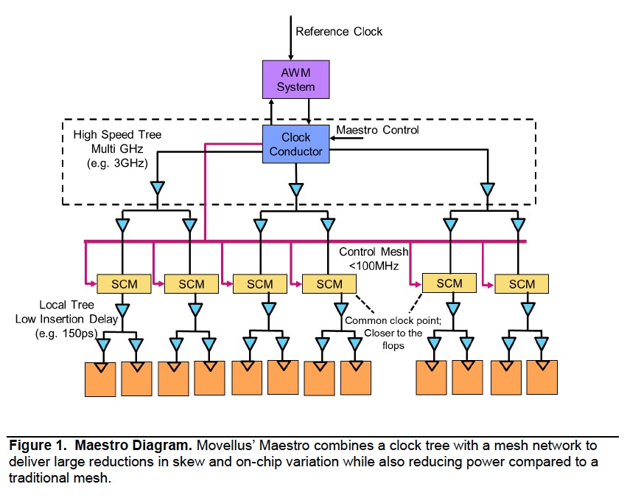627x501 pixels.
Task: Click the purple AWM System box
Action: point(296,79)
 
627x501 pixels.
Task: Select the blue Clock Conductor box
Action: point(296,144)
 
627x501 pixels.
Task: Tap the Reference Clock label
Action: point(339,32)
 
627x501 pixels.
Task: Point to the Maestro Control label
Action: point(377,130)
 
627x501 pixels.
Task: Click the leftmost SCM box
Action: point(124,284)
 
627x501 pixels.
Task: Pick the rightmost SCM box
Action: point(522,284)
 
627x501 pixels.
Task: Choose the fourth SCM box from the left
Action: point(329,284)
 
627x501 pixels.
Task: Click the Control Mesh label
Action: point(374,252)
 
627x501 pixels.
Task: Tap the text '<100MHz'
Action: point(374,266)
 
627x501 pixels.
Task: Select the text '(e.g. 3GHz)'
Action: point(117,163)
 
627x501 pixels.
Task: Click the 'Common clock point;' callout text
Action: point(393,320)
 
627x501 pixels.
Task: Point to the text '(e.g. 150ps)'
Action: point(66,334)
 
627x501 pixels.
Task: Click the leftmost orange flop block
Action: point(100,379)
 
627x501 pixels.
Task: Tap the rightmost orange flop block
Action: point(542,377)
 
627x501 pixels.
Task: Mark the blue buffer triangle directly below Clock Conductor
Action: point(296,190)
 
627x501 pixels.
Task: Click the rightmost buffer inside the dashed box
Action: point(488,190)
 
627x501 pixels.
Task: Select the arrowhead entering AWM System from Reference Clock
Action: point(291,58)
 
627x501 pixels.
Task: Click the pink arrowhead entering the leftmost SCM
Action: point(94,284)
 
